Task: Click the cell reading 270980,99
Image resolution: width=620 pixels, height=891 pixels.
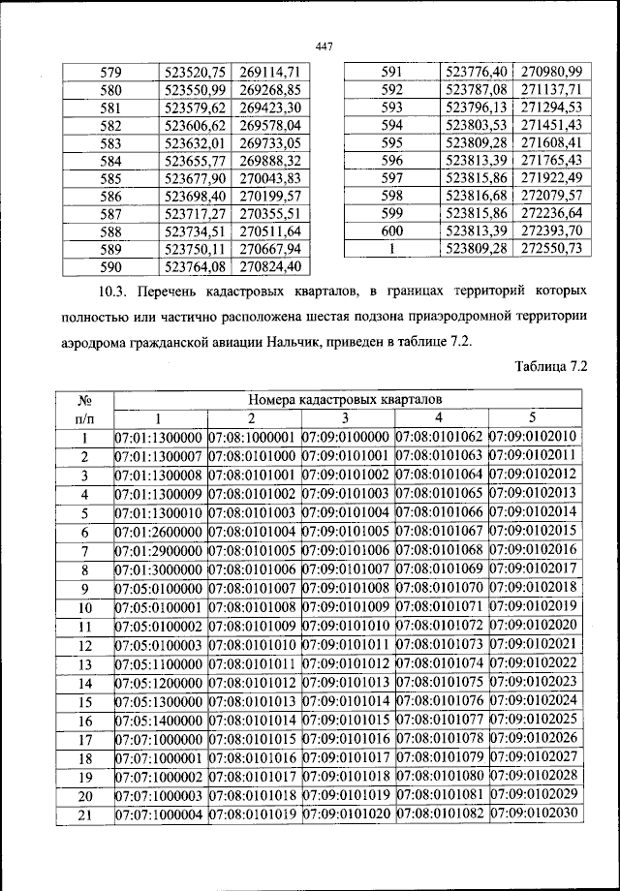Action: coord(551,73)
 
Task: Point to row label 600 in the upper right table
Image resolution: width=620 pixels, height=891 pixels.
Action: coord(391,231)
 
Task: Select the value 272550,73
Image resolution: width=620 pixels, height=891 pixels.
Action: coord(551,249)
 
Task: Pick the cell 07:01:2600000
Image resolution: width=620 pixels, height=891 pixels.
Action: coord(159,532)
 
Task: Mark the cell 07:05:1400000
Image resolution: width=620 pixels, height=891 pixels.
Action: coord(159,721)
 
